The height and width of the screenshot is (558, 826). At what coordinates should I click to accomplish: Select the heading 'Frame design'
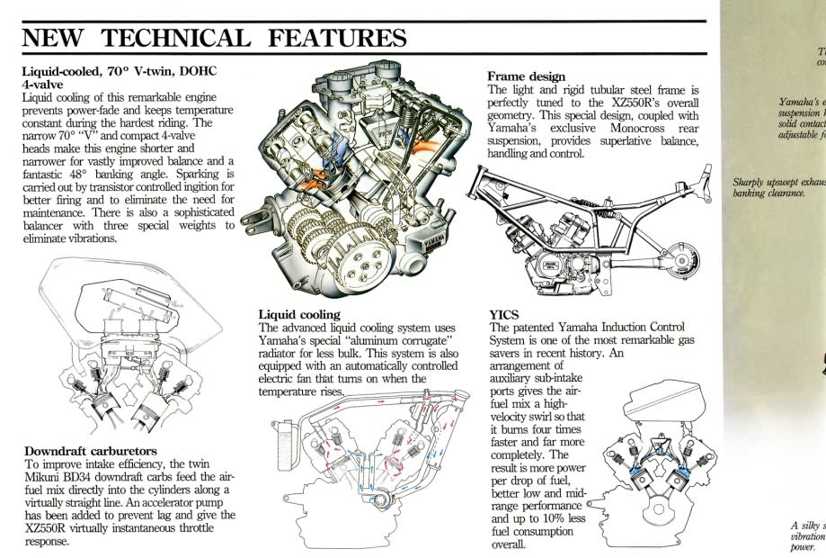pos(527,76)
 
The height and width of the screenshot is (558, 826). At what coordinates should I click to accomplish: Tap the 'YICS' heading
pos(504,314)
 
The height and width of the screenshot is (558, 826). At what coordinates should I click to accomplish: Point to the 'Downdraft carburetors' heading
pos(91,450)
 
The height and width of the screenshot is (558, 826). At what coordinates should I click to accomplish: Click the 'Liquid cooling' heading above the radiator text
pos(299,314)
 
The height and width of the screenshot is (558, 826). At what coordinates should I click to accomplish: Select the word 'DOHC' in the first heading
pos(191,71)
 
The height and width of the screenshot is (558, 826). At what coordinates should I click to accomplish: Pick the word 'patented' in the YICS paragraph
pos(537,327)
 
